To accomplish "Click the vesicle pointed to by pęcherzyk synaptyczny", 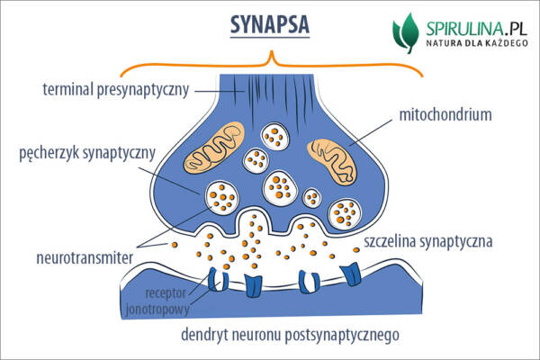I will (x=221, y=194).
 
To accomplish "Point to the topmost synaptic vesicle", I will (x=274, y=137).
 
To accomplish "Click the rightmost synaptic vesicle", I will (x=346, y=212).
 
